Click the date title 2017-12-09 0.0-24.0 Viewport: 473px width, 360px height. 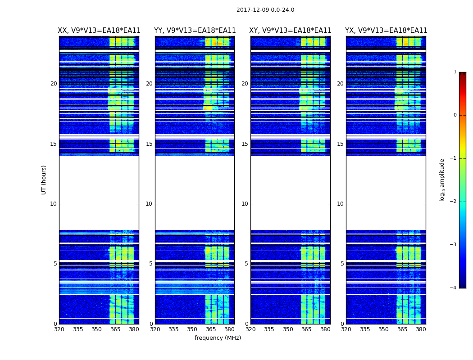click(265, 10)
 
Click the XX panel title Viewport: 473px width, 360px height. click(99, 31)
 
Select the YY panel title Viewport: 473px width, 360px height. click(195, 31)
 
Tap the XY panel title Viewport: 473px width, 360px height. click(291, 31)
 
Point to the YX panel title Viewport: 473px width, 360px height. click(386, 31)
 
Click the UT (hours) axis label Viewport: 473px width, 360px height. click(44, 180)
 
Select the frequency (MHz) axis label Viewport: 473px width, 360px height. click(218, 338)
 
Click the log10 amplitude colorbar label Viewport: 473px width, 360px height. click(442, 180)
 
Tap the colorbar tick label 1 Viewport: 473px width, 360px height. click(455, 72)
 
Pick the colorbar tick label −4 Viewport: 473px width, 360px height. click(454, 288)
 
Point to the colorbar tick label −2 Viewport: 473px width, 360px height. click(454, 202)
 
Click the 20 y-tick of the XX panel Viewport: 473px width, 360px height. click(54, 84)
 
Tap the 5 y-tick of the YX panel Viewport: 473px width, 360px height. click(342, 264)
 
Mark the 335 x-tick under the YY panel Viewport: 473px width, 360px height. click(173, 329)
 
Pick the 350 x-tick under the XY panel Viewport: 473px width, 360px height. click(288, 329)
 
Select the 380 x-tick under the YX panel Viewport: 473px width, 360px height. click(421, 329)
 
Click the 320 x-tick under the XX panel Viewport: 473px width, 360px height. click(59, 329)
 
